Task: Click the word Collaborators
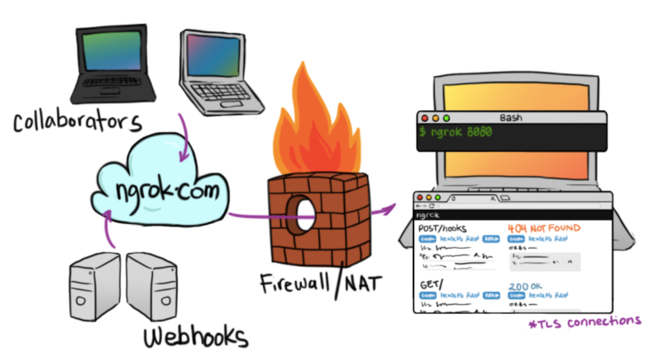click(x=78, y=122)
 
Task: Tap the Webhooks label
click(x=195, y=338)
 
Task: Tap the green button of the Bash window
click(x=446, y=119)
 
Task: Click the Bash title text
click(x=511, y=118)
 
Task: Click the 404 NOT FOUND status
click(x=543, y=228)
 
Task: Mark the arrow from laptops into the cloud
click(x=184, y=138)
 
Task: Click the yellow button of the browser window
click(x=429, y=198)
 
